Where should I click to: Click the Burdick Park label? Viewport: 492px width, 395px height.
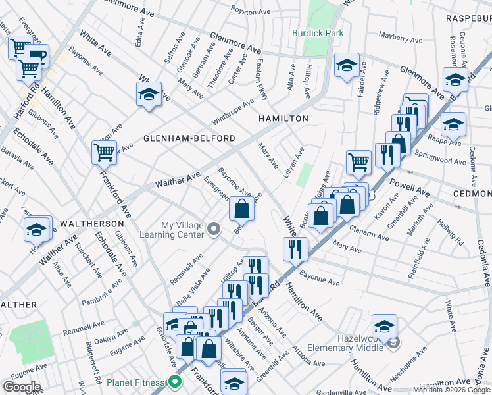coord(318,33)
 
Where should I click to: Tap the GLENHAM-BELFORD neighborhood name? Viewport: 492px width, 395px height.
coord(189,138)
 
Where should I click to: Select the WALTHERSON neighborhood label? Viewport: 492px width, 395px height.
coord(88,224)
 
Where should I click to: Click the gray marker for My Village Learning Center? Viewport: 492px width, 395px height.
coord(213,229)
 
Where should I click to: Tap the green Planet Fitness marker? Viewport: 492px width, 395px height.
coord(174,381)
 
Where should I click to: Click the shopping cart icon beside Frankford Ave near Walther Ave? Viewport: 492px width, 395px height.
coord(104,153)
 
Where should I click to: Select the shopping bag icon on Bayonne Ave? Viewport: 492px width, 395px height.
coord(241,209)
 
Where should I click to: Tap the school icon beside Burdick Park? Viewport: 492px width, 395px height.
coord(347,66)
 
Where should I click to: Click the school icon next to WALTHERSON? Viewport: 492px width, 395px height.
coord(37,228)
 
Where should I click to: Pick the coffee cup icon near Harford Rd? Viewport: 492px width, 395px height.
coord(37,56)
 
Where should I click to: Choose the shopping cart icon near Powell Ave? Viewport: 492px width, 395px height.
coord(358,162)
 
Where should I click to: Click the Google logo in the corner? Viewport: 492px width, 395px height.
coord(21,387)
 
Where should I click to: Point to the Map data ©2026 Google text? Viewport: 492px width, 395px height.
coord(451,390)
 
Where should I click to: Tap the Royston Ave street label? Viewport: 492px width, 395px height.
coord(253,12)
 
